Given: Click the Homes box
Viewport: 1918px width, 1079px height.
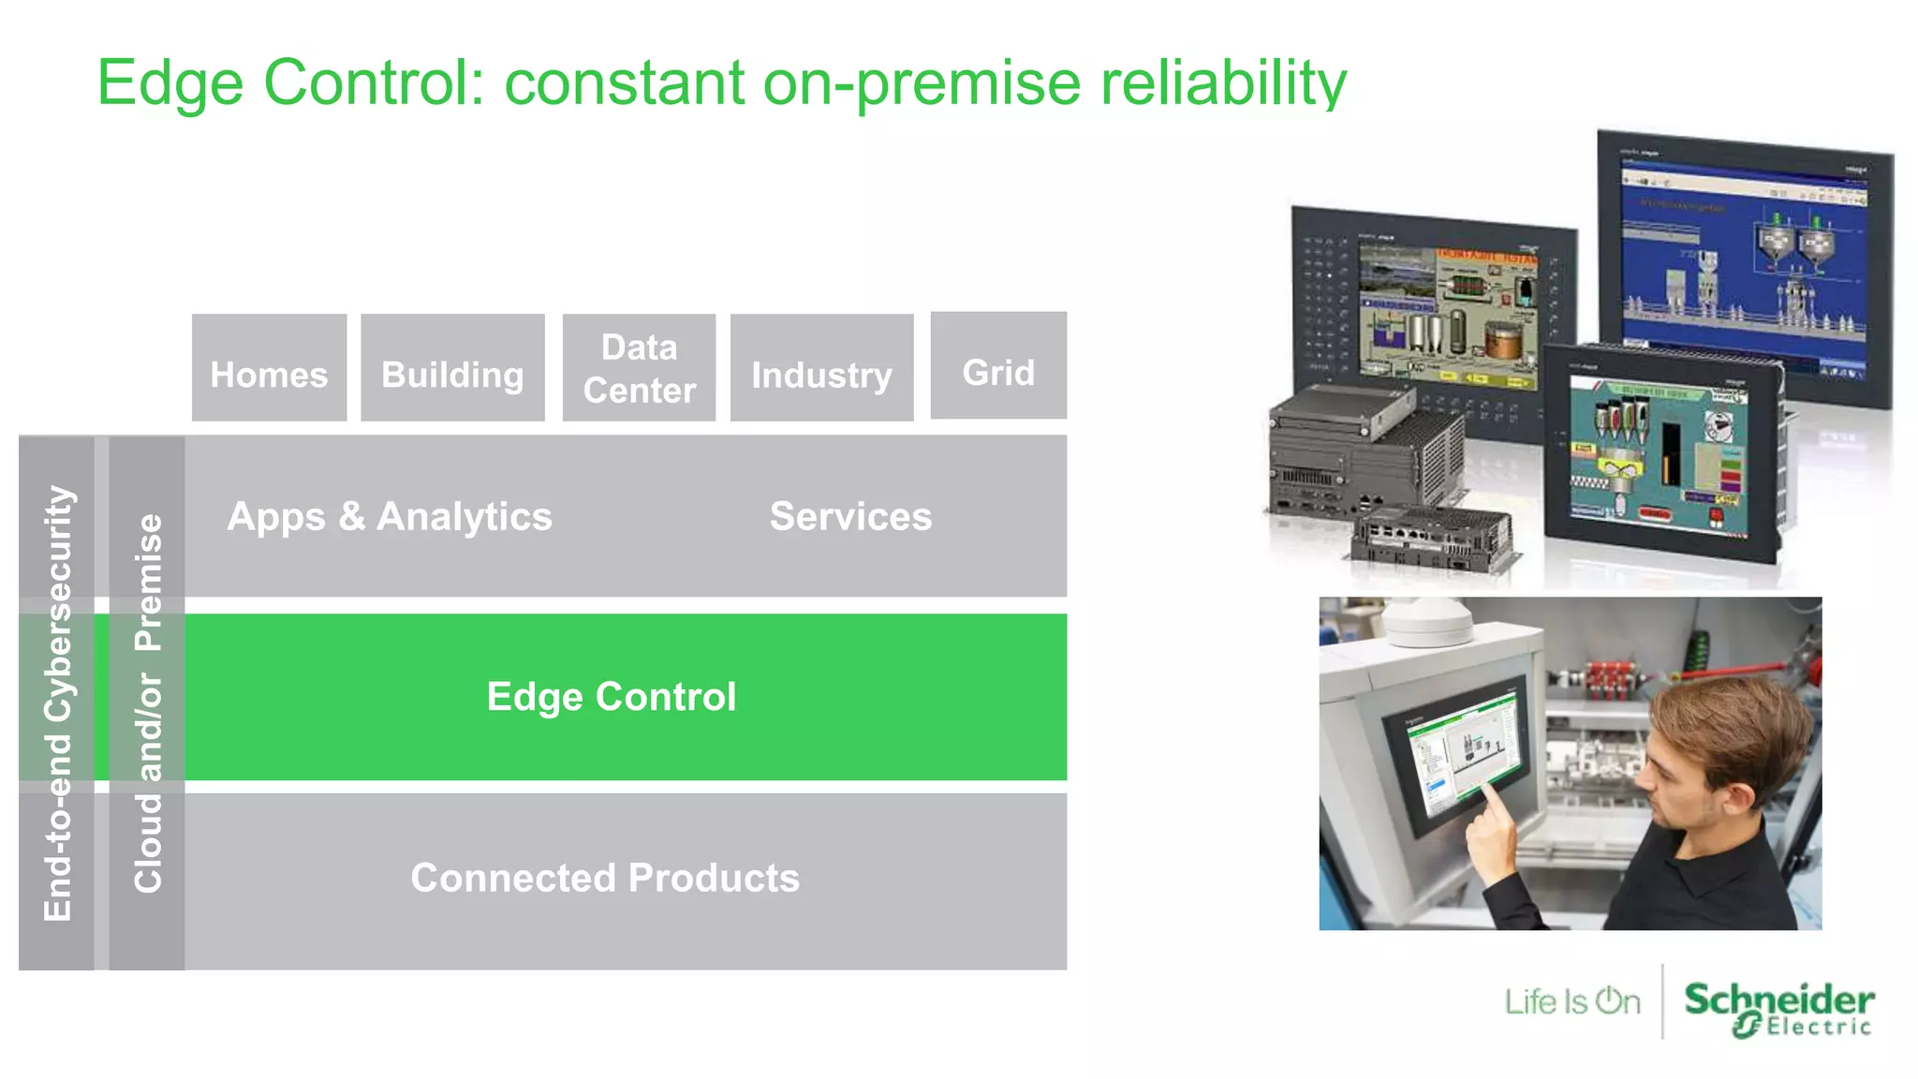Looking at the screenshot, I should [269, 368].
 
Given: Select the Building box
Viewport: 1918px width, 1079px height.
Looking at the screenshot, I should [452, 368].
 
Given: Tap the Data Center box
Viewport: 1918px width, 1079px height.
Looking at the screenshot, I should [639, 368].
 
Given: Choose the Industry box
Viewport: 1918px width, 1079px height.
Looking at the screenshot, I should [821, 368].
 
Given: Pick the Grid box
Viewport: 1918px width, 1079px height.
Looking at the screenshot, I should [998, 366].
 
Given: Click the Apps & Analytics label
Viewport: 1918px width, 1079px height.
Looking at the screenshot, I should [390, 517].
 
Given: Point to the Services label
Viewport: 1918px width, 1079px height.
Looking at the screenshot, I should [850, 517].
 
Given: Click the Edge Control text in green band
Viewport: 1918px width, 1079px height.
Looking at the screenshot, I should [612, 697].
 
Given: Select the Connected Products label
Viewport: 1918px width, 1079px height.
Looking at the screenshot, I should [605, 878].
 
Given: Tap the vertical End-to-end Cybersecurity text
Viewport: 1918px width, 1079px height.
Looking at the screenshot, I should [57, 702].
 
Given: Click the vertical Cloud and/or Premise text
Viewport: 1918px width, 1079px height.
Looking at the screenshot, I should [148, 702].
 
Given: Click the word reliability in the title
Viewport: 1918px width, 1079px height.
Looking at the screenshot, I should [1223, 84].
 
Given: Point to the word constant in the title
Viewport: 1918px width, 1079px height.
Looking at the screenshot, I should [625, 84].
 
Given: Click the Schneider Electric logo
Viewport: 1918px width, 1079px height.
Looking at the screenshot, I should [1778, 1008].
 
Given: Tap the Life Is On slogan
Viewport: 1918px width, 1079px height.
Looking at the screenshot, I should [1572, 1002].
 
